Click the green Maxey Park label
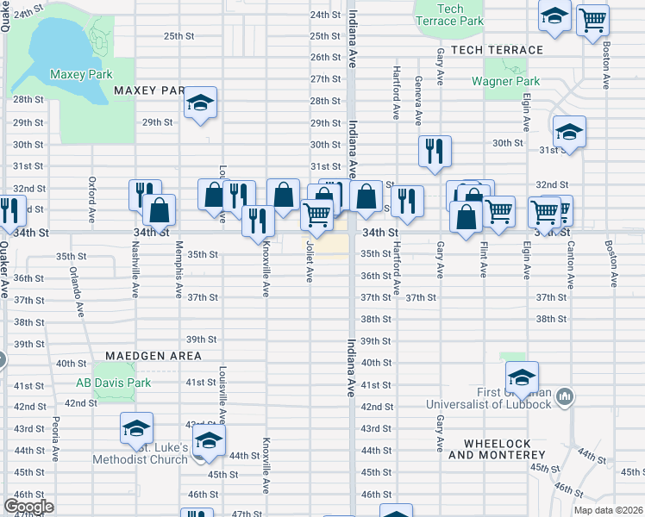click(81, 75)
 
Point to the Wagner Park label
click(505, 82)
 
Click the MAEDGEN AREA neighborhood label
click(153, 356)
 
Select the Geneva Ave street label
click(418, 100)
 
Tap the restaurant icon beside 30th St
click(435, 150)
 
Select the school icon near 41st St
click(522, 377)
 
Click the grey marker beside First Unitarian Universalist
click(566, 397)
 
